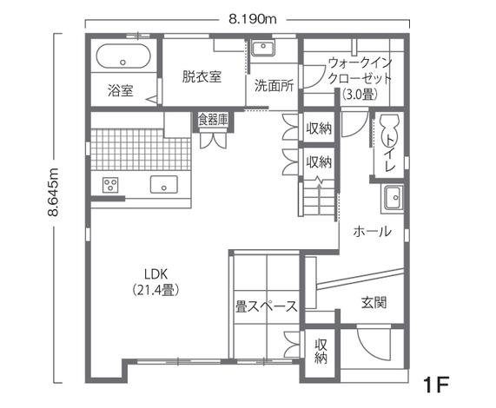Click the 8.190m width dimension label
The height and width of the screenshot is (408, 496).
pyautogui.click(x=253, y=20)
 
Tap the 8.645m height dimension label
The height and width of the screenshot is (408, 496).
pyautogui.click(x=53, y=192)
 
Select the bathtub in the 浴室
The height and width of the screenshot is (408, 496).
pyautogui.click(x=123, y=56)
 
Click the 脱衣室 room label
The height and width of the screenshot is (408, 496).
pyautogui.click(x=202, y=76)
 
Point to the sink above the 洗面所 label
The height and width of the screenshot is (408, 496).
pyautogui.click(x=263, y=48)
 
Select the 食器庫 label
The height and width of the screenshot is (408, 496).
pyautogui.click(x=213, y=120)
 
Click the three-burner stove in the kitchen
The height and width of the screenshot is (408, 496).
pyautogui.click(x=110, y=185)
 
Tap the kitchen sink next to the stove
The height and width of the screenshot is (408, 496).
pyautogui.click(x=164, y=184)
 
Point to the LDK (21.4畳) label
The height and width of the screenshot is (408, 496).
pyautogui.click(x=155, y=282)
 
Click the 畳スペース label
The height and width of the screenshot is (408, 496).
pyautogui.click(x=267, y=306)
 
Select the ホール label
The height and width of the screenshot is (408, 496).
pyautogui.click(x=373, y=232)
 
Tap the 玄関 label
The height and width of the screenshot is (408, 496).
pyautogui.click(x=374, y=302)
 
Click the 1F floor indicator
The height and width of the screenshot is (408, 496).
pyautogui.click(x=438, y=385)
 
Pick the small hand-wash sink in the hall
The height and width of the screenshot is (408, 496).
pyautogui.click(x=393, y=198)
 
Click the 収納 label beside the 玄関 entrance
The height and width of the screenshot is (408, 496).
pyautogui.click(x=321, y=351)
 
